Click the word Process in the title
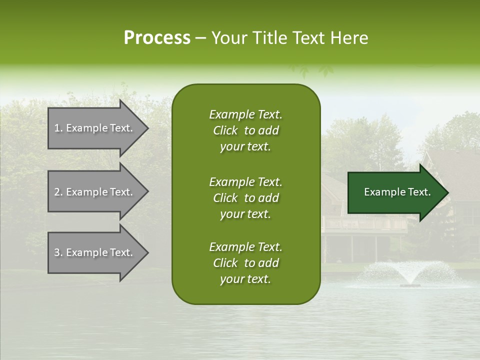pyautogui.click(x=157, y=38)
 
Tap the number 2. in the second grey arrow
pyautogui.click(x=58, y=192)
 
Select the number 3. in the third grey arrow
pyautogui.click(x=58, y=252)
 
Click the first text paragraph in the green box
pyautogui.click(x=245, y=130)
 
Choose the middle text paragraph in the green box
pyautogui.click(x=245, y=198)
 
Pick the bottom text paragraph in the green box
pyautogui.click(x=245, y=263)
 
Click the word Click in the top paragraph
pyautogui.click(x=225, y=130)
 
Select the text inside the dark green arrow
pyautogui.click(x=397, y=192)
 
